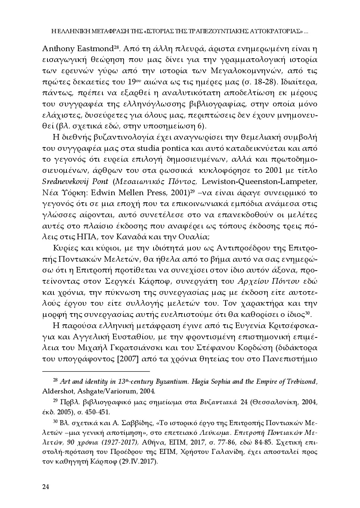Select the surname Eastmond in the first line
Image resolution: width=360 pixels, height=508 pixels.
tap(93, 49)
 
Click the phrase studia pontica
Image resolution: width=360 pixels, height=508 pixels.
tap(167, 148)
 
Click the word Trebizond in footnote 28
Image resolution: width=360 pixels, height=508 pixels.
tap(301, 381)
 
